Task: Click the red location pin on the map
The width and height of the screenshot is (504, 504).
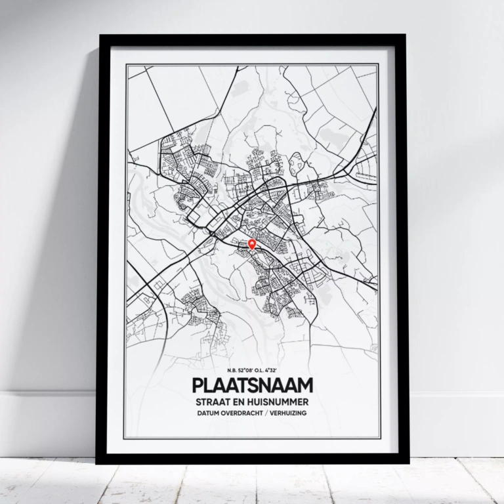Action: [x=252, y=245]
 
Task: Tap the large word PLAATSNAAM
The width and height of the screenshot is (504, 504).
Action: [x=253, y=385]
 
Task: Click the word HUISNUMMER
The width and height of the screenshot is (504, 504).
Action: [x=278, y=400]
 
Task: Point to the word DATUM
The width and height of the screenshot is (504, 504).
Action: [x=207, y=413]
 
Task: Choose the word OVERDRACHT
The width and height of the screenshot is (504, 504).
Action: [x=243, y=413]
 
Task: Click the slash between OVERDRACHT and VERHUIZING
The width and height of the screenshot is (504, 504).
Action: [x=268, y=413]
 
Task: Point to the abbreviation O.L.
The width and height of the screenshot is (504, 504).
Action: [x=261, y=371]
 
